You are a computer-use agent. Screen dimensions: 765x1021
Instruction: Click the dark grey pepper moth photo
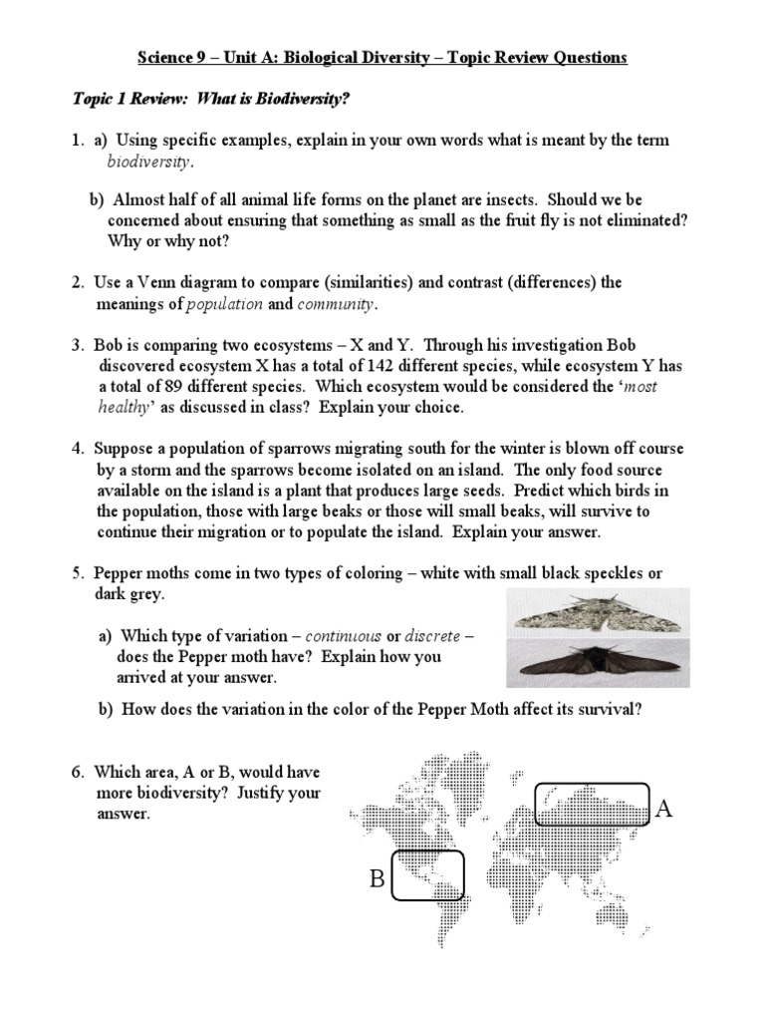[598, 663]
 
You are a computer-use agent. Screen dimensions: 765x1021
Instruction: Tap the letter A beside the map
[664, 809]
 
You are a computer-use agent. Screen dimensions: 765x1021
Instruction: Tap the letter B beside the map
[378, 878]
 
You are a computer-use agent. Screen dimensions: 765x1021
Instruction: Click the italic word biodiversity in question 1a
[149, 163]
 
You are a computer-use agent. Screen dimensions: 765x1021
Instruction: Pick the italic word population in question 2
[224, 305]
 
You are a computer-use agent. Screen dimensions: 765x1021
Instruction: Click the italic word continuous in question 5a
[343, 636]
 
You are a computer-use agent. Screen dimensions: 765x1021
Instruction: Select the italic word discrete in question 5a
[432, 636]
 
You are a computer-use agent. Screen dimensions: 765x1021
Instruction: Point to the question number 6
[78, 773]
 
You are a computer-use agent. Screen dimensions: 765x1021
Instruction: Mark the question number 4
[78, 449]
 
